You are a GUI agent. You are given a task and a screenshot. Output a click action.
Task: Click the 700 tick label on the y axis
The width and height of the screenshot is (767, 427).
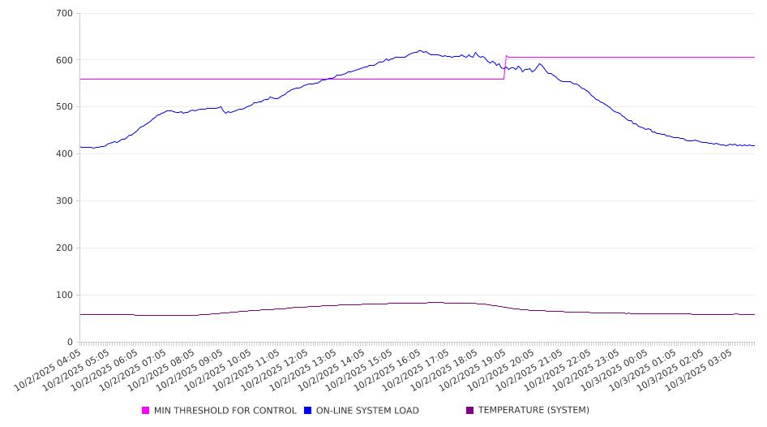click(x=65, y=14)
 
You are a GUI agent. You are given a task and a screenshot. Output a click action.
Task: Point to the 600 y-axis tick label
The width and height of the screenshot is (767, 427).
click(x=65, y=60)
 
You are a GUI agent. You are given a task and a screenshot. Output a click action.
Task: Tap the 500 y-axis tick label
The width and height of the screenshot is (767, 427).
click(x=65, y=107)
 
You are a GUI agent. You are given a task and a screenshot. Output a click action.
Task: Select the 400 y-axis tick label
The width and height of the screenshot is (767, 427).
click(x=65, y=154)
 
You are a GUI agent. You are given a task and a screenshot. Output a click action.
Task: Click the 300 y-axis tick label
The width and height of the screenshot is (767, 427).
click(x=65, y=201)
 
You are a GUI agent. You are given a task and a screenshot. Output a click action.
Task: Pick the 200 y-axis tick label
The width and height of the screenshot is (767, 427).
click(x=65, y=248)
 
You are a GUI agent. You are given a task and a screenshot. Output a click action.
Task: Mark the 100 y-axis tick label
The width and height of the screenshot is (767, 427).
click(x=65, y=295)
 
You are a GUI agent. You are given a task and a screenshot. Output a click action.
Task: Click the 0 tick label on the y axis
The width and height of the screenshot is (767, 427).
click(x=71, y=343)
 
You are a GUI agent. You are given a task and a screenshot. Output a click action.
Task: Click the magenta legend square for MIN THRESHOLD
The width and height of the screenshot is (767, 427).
click(x=146, y=411)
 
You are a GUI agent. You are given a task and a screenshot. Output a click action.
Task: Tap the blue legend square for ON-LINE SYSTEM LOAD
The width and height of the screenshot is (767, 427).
click(x=308, y=411)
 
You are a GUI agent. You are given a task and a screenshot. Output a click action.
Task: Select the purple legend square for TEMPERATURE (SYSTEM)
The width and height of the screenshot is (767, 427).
click(x=470, y=411)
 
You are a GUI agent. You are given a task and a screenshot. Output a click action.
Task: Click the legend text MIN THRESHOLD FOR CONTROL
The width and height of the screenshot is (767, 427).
click(x=225, y=411)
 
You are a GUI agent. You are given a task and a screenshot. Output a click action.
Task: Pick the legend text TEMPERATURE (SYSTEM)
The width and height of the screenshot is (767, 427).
click(x=533, y=411)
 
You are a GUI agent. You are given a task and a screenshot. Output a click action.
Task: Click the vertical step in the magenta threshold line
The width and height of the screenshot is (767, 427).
click(x=505, y=68)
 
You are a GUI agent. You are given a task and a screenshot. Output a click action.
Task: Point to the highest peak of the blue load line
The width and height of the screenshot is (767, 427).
click(x=419, y=50)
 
